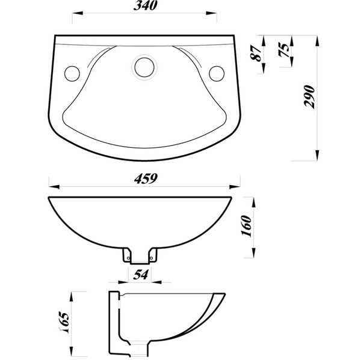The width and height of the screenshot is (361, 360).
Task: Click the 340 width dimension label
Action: click(144, 7)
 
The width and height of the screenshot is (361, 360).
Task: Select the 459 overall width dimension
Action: click(145, 178)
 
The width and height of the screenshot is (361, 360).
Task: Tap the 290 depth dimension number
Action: click(309, 97)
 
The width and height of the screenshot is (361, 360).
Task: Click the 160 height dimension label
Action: click(245, 227)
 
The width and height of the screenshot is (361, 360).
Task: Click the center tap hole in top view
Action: click(144, 66)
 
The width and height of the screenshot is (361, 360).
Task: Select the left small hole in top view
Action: click(72, 73)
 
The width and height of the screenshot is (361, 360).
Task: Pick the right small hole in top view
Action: click(217, 73)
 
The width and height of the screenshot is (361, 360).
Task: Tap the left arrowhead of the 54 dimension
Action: click(126, 281)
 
